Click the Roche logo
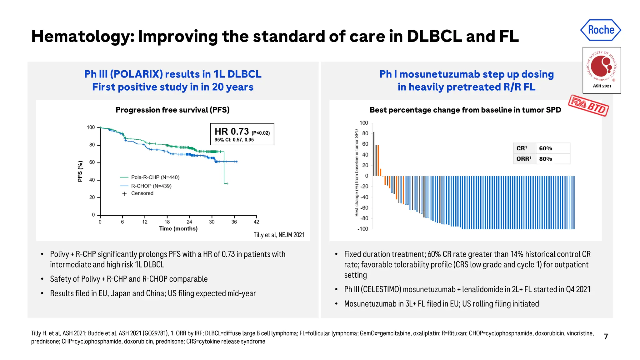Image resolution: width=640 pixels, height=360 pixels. (x=601, y=30)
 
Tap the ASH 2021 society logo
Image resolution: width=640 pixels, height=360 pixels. (x=602, y=70)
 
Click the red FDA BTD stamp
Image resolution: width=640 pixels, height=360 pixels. (x=588, y=105)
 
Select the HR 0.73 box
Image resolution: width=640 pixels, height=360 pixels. (x=242, y=134)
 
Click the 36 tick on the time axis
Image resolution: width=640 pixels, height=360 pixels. (x=234, y=222)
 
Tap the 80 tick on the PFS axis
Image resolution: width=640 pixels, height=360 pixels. (x=92, y=145)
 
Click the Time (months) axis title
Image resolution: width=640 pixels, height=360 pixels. (x=178, y=229)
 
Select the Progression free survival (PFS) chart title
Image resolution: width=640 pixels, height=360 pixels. (x=172, y=110)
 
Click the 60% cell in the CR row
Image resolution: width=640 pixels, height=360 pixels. (x=546, y=148)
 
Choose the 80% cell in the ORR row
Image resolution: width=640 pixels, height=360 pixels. (x=546, y=159)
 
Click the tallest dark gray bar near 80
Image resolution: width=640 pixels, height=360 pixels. (x=374, y=154)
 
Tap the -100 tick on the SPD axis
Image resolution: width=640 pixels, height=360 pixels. (x=362, y=229)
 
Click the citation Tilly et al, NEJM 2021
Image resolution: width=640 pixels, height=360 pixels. (x=279, y=235)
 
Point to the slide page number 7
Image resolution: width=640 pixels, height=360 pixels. (x=606, y=337)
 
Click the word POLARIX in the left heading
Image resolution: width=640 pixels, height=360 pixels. (x=136, y=74)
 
